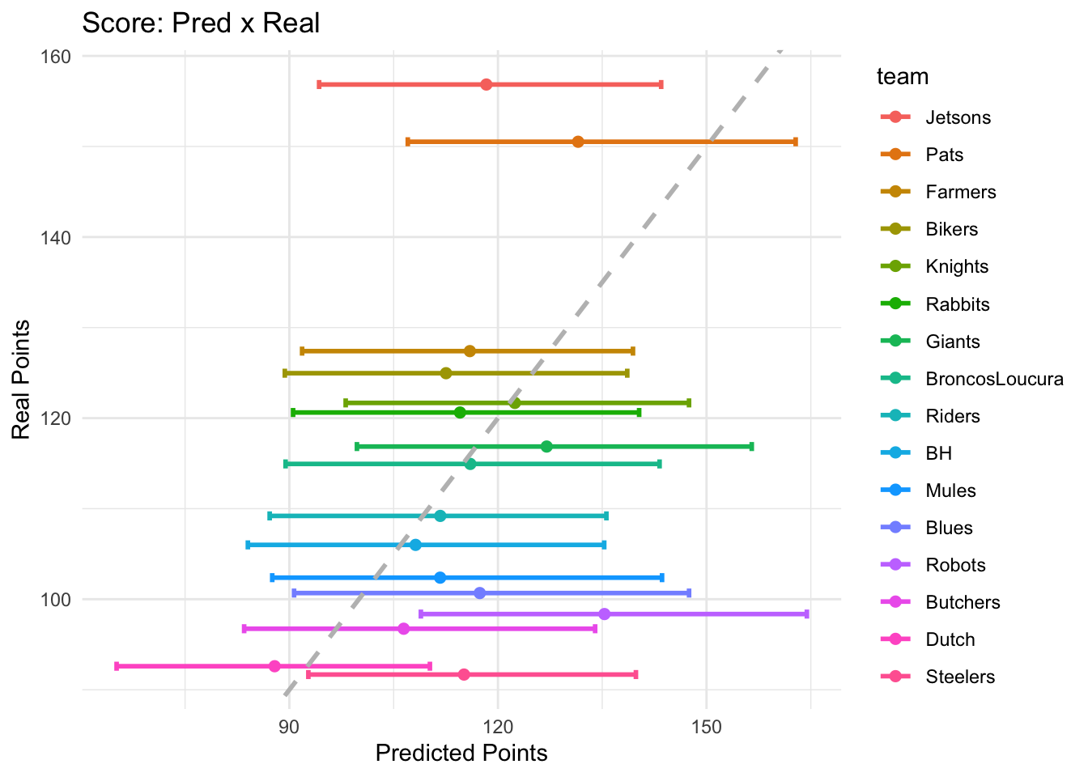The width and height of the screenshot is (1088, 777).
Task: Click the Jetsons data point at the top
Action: pos(486,85)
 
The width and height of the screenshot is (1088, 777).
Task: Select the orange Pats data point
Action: pos(578,142)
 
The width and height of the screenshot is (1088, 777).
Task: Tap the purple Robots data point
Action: pos(604,614)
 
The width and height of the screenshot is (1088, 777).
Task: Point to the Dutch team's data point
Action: pos(274,666)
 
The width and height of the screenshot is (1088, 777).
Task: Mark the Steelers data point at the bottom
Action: pos(464,674)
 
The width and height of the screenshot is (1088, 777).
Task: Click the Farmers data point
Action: pos(470,351)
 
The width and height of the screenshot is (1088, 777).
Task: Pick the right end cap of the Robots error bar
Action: pos(806,614)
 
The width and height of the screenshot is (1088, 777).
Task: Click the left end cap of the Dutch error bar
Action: pos(117,666)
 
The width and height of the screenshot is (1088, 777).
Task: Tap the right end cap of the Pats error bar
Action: pos(795,142)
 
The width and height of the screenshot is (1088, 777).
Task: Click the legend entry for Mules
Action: pos(950,490)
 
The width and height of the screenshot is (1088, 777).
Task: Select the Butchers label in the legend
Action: pos(963,602)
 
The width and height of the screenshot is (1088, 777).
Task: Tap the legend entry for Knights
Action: pos(957,266)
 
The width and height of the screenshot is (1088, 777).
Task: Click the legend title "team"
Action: pos(902,77)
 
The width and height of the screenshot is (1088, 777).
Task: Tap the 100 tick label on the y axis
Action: pos(60,600)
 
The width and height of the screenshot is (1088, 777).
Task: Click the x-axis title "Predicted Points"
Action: pos(461,754)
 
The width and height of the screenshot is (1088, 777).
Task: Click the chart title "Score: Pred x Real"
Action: pos(201,23)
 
